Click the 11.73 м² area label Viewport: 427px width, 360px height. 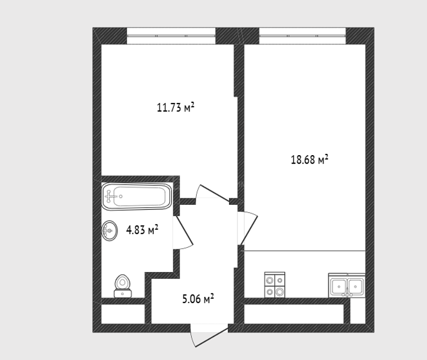176,107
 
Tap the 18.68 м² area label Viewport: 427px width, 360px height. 310,160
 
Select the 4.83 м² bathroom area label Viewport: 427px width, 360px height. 142,230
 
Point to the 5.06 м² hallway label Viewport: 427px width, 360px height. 198,299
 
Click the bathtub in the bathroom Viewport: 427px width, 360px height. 137,196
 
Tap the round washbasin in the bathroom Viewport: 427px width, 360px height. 110,231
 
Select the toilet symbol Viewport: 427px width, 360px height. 122,286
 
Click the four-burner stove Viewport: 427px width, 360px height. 275,284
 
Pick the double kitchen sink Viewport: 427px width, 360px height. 347,285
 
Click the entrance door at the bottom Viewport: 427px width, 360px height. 209,335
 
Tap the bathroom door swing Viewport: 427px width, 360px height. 183,232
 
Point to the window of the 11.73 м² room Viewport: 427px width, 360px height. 171,36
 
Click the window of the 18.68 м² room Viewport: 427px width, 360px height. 302,36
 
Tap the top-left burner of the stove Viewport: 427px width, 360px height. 270,280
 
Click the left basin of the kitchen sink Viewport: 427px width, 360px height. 339,286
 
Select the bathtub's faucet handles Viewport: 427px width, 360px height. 109,196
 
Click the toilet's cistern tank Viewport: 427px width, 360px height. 122,293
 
